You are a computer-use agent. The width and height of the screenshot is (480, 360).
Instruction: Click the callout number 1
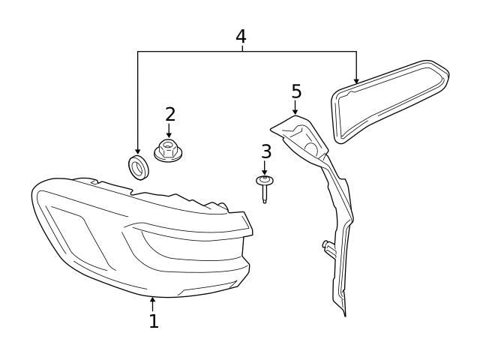tap(153, 322)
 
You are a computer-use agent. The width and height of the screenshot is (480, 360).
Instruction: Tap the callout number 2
tap(169, 115)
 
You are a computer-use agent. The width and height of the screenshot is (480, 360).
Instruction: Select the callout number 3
tap(265, 151)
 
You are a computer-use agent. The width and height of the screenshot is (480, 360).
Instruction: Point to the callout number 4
tap(241, 36)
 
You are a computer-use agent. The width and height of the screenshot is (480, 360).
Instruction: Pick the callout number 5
tap(296, 91)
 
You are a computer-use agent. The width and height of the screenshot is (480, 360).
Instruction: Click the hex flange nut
tap(169, 150)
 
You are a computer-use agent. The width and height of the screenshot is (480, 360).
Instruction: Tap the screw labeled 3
tap(265, 187)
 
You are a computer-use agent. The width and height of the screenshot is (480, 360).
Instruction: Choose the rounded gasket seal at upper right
tap(390, 101)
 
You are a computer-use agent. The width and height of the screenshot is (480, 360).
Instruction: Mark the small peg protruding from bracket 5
tap(327, 244)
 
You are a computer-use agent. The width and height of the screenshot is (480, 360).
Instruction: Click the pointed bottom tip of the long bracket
tap(345, 313)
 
